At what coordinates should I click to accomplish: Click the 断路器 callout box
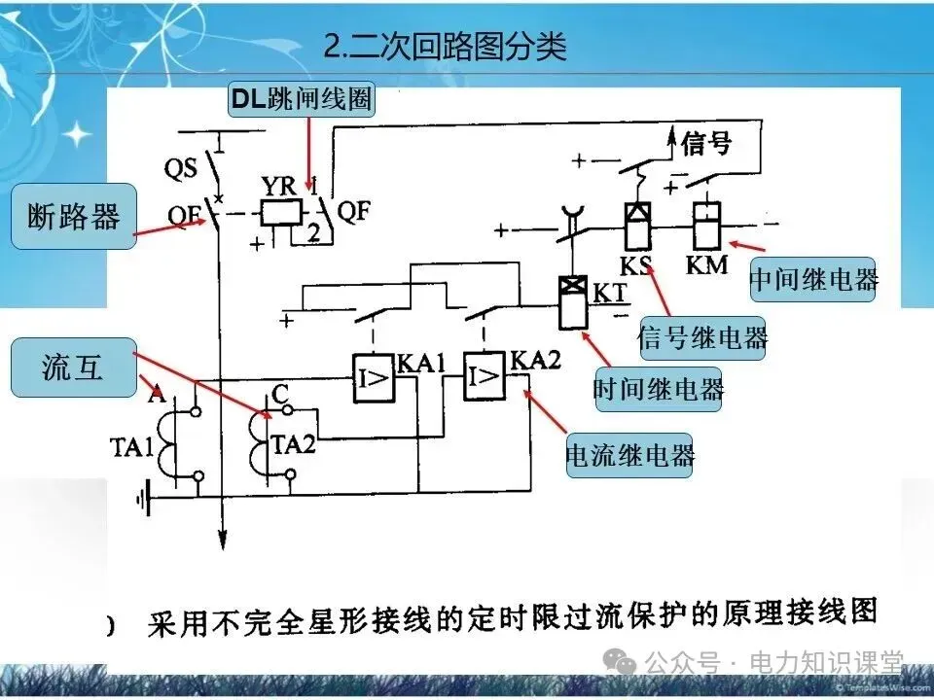point(72,217)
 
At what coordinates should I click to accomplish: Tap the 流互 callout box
point(72,368)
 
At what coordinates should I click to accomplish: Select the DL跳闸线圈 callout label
point(301,99)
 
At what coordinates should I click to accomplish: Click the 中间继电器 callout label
point(813,280)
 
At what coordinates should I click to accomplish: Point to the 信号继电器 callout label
point(701,337)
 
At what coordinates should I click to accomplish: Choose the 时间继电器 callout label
point(659,390)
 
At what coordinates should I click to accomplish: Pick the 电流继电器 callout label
point(630,455)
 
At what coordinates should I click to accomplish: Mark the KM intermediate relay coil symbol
point(704,227)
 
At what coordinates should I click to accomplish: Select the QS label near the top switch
point(180,168)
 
